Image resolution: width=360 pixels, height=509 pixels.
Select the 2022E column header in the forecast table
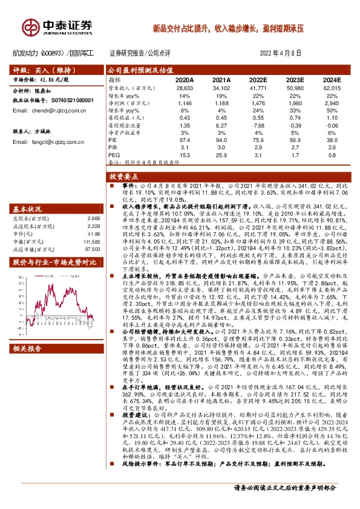tap(258, 79)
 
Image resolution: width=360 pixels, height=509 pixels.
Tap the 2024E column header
tap(332, 79)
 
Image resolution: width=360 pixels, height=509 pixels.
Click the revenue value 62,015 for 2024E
tap(332, 88)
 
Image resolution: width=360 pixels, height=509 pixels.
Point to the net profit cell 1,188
tap(222, 103)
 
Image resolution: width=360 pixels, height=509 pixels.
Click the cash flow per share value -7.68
tap(258, 125)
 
